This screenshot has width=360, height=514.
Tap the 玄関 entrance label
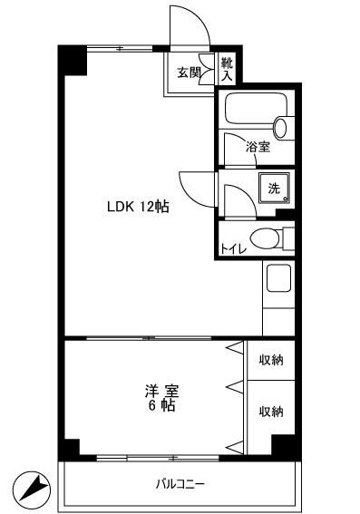189,72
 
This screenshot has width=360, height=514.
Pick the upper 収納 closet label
271,361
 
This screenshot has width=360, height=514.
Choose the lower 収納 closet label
271,412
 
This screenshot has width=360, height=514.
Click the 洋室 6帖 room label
162,398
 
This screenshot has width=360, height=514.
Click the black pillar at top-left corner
73,60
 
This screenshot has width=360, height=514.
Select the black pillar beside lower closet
284,445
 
